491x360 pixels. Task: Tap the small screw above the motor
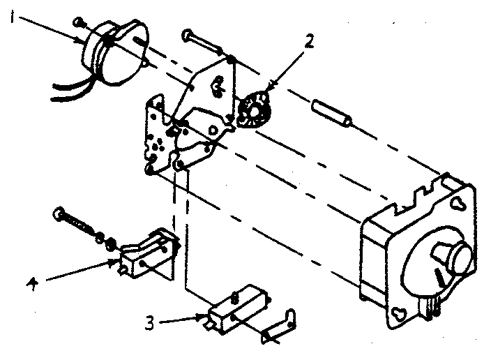pyautogui.click(x=78, y=22)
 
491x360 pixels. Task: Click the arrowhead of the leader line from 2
pyautogui.click(x=269, y=87)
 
